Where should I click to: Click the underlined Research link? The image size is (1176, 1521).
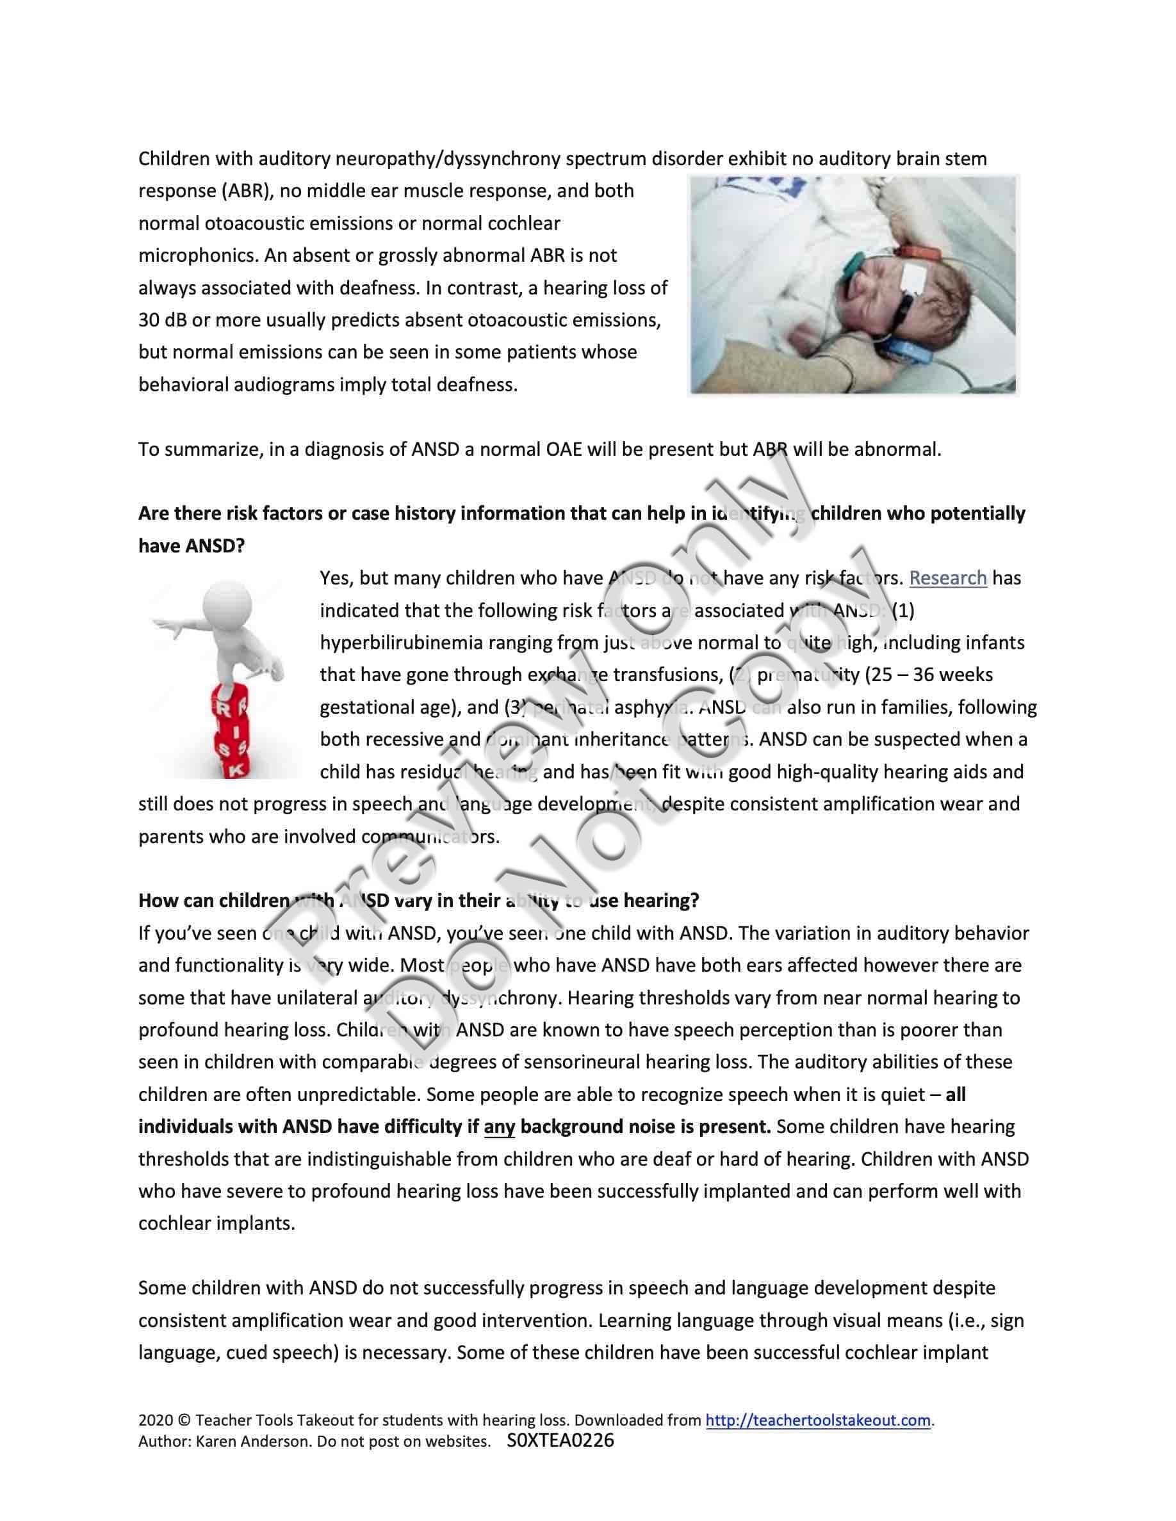947,578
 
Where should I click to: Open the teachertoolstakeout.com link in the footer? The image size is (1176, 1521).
818,1420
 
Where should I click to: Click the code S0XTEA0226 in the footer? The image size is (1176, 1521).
561,1440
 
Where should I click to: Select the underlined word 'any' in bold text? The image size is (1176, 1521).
499,1127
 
